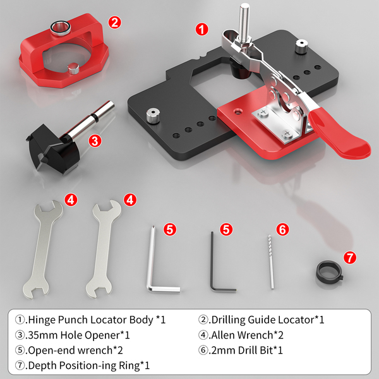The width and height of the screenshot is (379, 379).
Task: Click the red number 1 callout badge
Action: (202, 30)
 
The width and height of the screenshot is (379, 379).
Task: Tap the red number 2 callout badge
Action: (114, 23)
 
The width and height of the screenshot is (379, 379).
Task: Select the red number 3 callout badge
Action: (95, 141)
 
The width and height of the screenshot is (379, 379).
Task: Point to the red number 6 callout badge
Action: (282, 229)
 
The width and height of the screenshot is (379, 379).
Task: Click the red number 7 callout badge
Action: (350, 257)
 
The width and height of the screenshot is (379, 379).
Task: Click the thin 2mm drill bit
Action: (271, 262)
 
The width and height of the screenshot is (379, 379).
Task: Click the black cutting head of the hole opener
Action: (52, 149)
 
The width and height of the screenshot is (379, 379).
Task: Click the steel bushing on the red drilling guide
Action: (61, 28)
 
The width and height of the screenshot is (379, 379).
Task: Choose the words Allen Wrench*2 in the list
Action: (247, 335)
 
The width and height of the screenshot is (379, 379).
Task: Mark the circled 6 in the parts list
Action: (203, 350)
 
